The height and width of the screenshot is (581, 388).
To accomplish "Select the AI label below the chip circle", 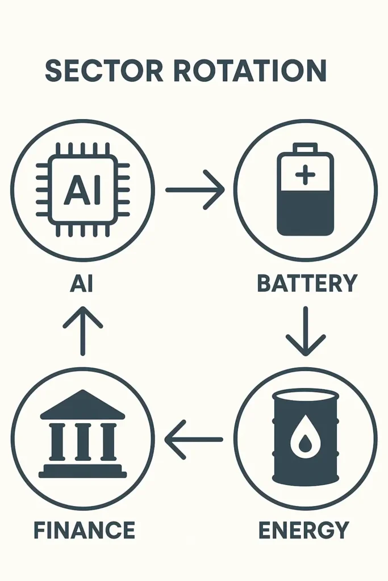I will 81,283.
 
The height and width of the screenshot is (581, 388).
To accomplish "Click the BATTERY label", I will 307,283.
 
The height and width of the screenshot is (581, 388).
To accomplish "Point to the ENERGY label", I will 303,530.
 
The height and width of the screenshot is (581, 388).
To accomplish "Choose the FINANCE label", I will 84,530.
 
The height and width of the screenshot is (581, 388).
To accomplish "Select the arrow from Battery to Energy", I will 306,332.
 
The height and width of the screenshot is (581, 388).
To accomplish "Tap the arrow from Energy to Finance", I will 194,439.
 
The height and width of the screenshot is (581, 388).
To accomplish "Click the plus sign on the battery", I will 305,175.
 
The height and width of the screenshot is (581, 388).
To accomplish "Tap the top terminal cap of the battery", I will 305,148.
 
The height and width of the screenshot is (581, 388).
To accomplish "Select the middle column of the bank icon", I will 83,441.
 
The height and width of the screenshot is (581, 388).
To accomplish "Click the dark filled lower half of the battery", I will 305,213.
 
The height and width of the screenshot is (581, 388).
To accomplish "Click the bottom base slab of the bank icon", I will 83,473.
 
